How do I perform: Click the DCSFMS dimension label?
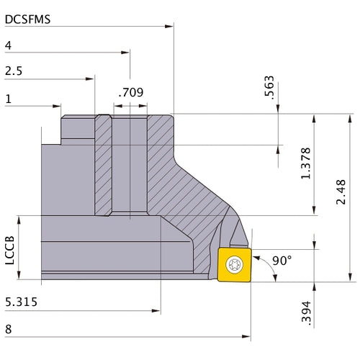(27, 19)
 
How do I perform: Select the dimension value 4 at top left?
(8, 45)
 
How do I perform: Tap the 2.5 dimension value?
(13, 71)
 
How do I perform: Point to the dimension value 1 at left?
(7, 99)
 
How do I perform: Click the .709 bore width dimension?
(130, 92)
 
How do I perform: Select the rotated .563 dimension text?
(270, 86)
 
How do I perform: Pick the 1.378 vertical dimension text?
(307, 164)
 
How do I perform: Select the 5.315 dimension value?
(22, 304)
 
